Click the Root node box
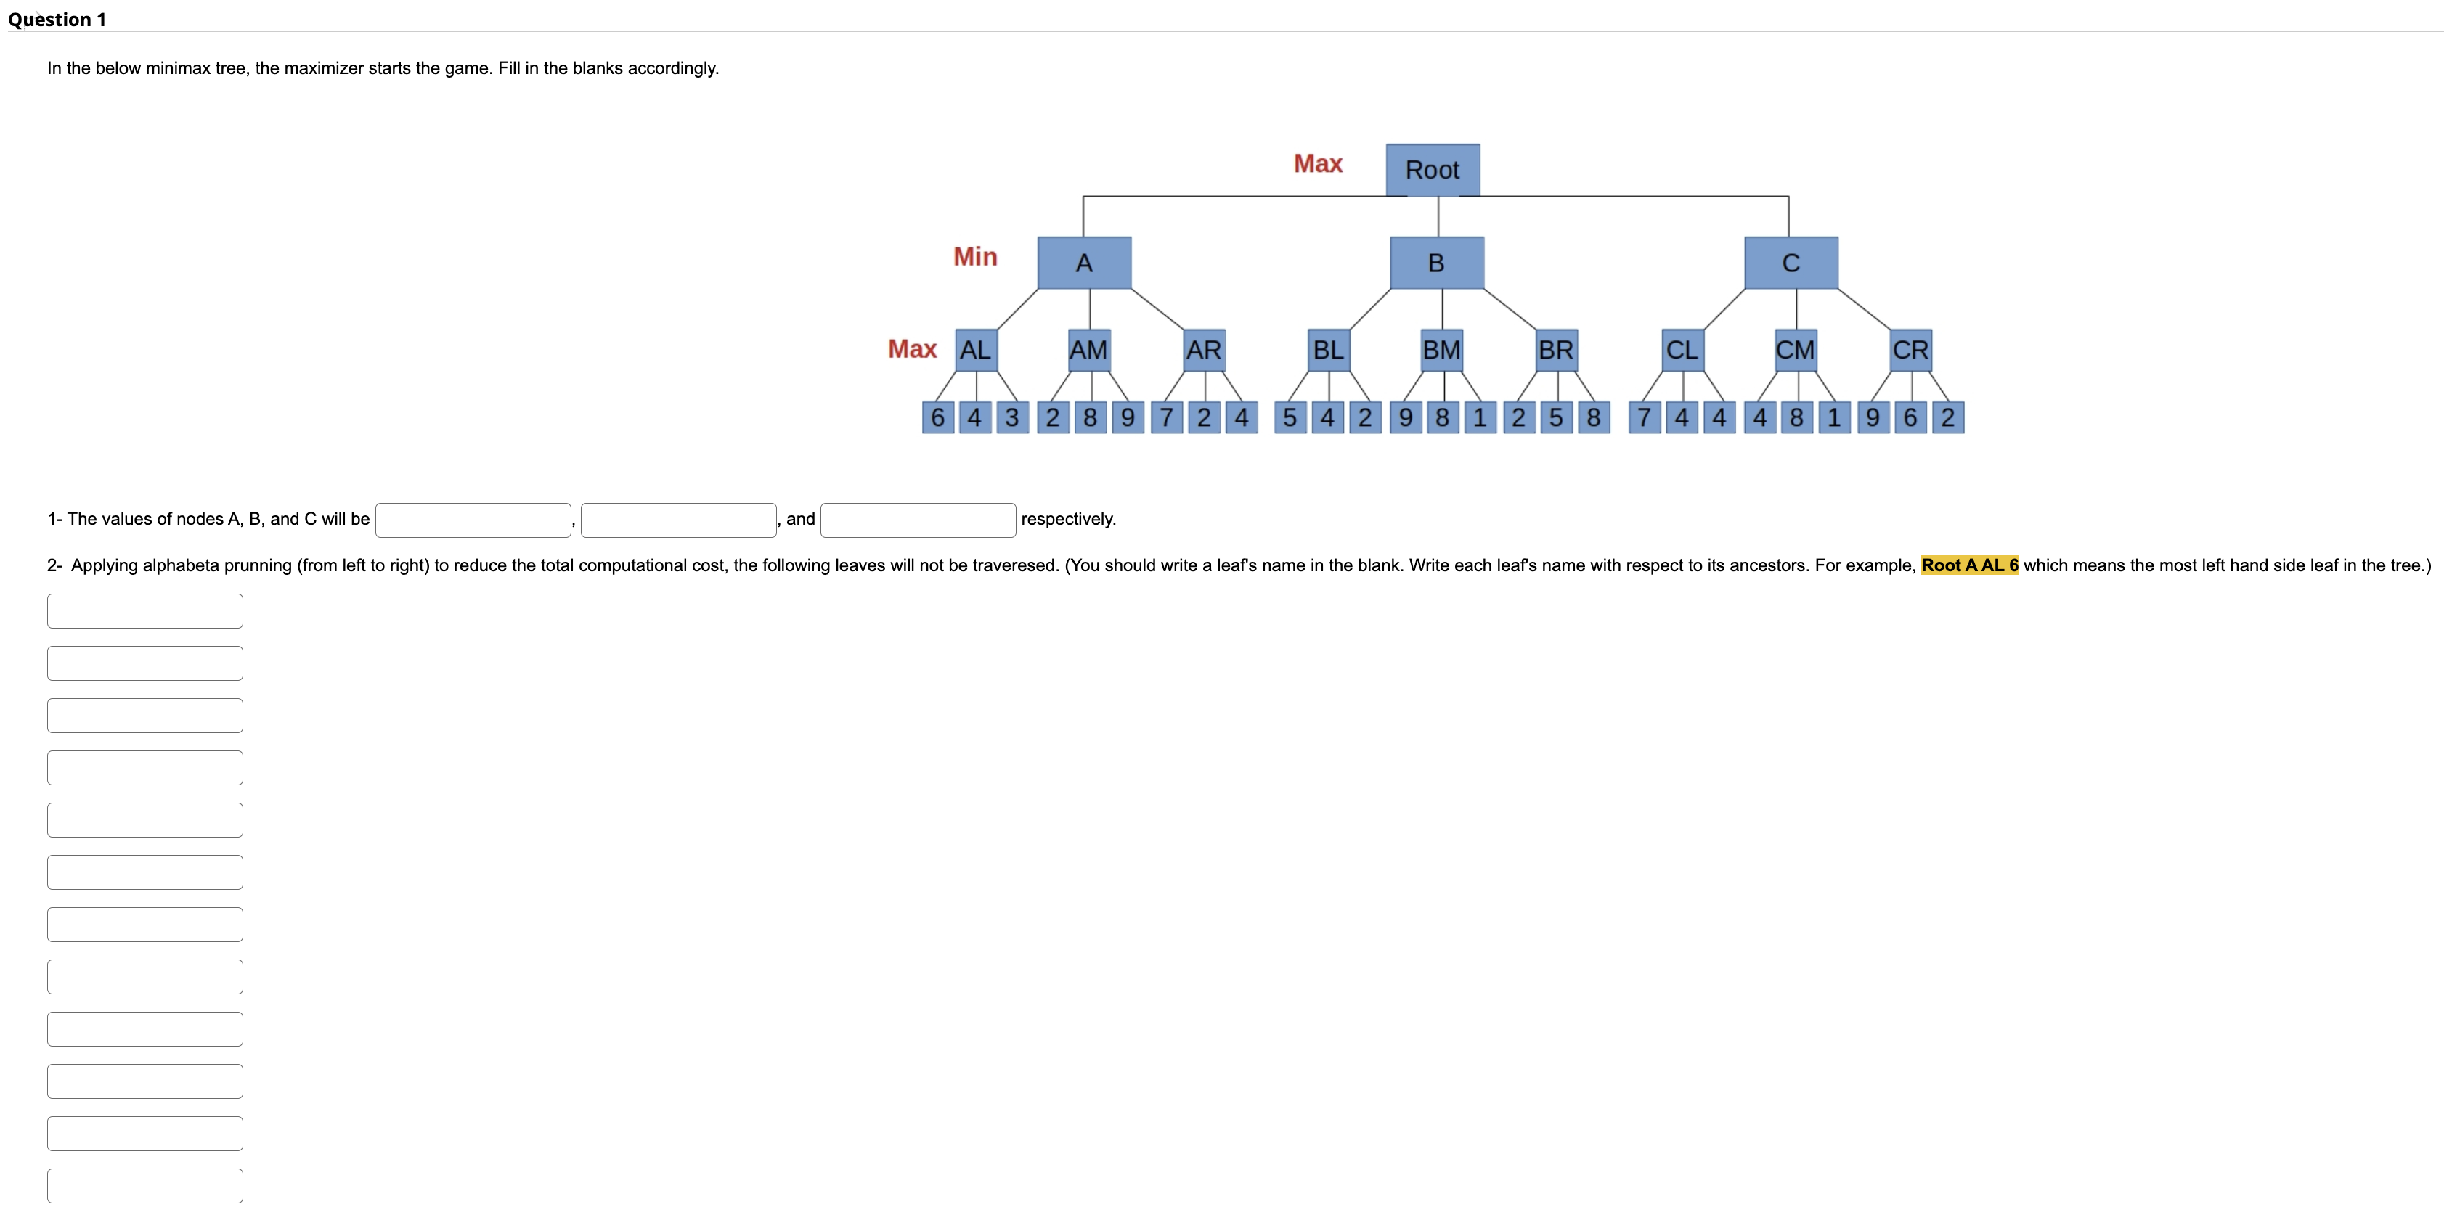click(1433, 170)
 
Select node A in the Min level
click(1083, 263)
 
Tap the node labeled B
click(1436, 263)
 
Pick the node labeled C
click(1791, 263)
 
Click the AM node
click(1088, 350)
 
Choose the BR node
click(1556, 350)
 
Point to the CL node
click(1682, 350)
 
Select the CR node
click(1911, 350)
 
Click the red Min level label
click(975, 257)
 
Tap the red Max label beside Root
click(1318, 164)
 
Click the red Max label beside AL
click(912, 349)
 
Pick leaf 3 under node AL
click(1012, 417)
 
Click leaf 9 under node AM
click(1127, 417)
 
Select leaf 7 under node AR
click(1167, 417)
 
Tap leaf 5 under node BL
click(1290, 417)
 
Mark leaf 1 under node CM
click(1834, 417)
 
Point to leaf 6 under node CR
click(1910, 417)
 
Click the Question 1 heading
click(57, 19)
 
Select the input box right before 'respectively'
click(918, 520)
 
